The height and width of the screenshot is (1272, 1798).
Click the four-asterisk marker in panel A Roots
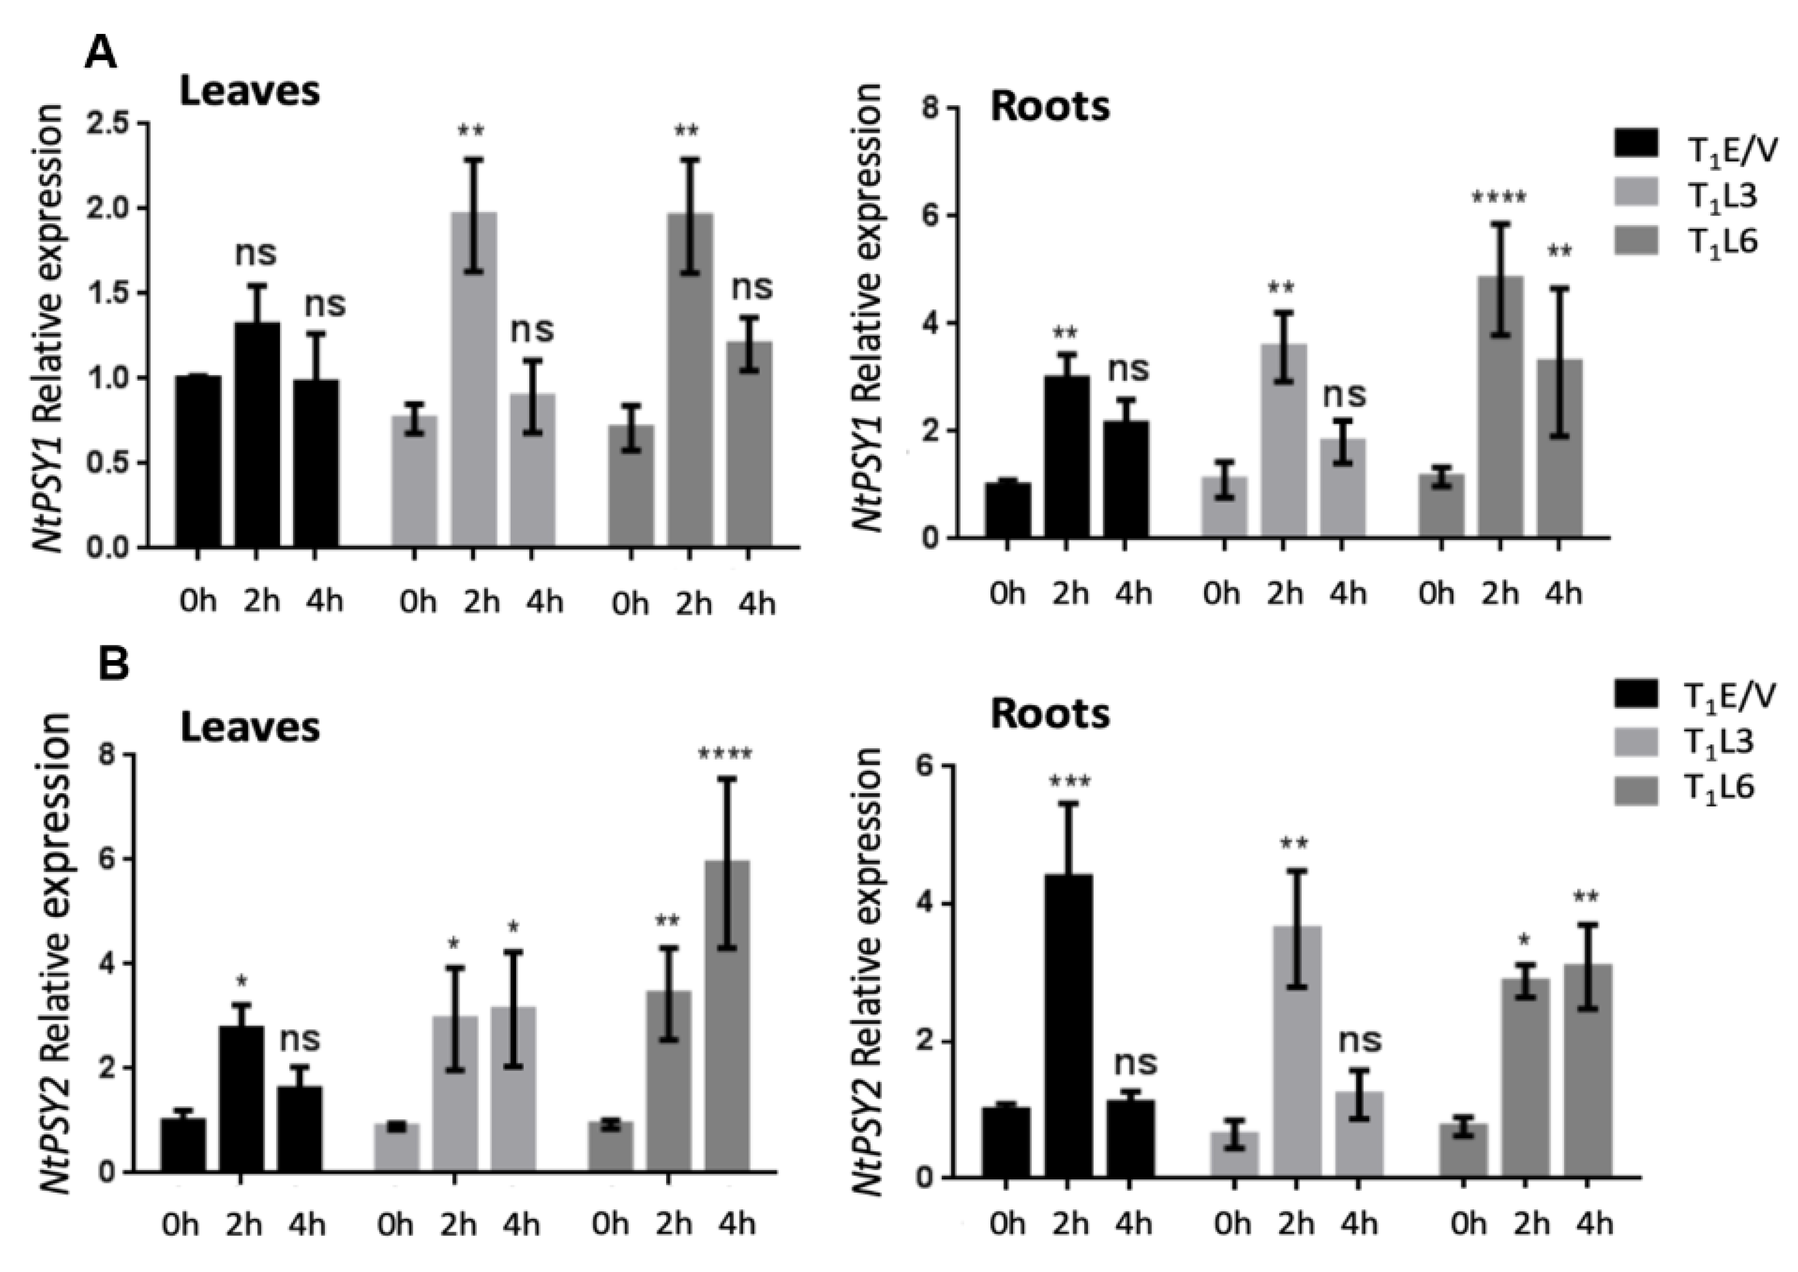click(x=1499, y=197)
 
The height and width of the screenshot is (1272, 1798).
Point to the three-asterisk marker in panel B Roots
click(x=1068, y=782)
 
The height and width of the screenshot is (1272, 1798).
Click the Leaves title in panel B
click(x=250, y=727)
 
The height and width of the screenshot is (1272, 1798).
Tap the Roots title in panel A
click(x=1049, y=107)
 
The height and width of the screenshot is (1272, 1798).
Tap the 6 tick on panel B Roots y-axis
click(x=926, y=766)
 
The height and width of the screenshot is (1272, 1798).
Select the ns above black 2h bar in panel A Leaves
click(x=255, y=253)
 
